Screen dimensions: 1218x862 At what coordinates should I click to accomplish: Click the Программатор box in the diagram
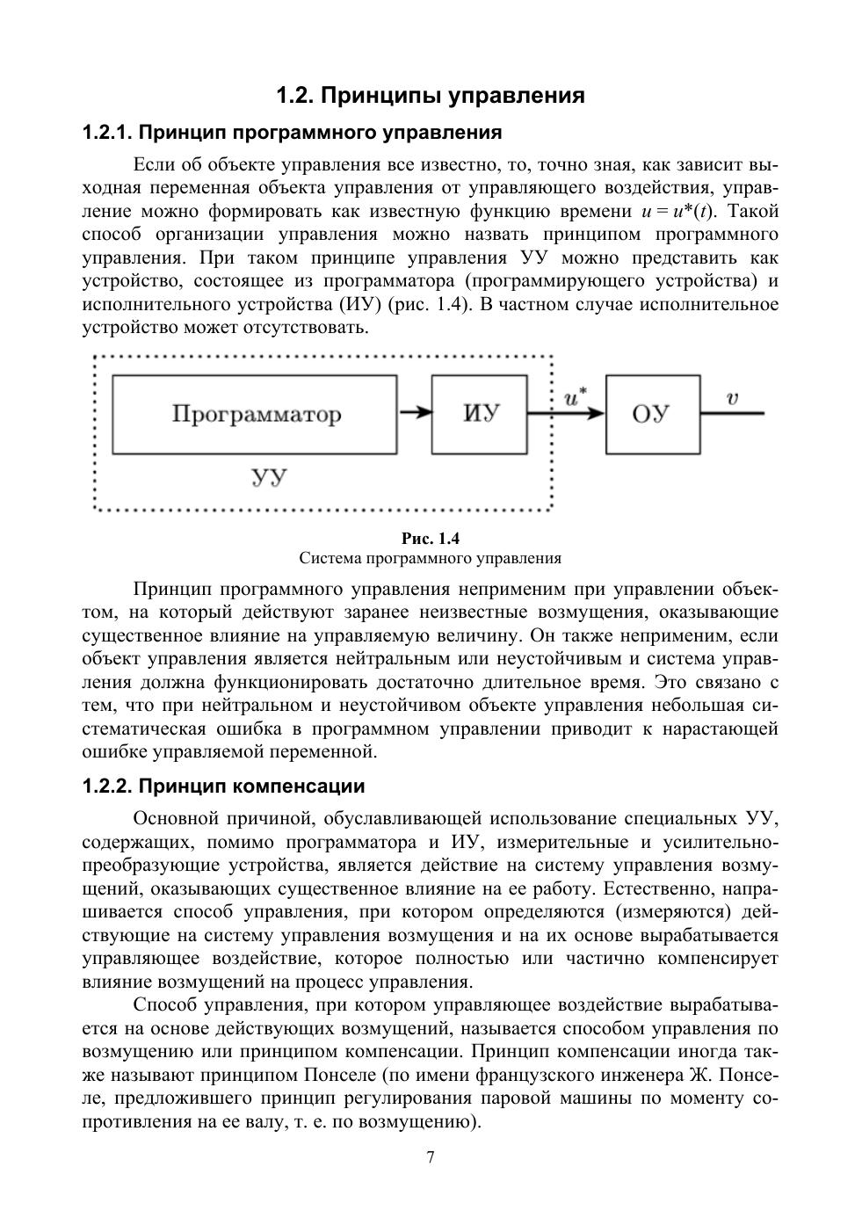coord(254,414)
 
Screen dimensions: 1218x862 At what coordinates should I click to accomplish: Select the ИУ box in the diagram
coord(480,414)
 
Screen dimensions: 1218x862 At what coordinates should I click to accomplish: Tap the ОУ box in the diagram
coord(652,414)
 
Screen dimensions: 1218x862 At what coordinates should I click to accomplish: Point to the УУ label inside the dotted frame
coord(270,479)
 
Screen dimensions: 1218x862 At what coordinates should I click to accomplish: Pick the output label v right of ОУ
coord(732,398)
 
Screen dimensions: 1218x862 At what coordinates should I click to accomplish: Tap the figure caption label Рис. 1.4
coord(431,539)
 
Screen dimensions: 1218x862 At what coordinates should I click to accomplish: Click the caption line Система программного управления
coord(431,558)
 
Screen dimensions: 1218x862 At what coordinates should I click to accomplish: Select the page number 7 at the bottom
coord(431,1157)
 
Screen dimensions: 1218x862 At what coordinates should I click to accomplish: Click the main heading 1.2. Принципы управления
coord(431,95)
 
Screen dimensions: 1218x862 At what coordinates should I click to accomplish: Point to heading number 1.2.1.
coord(106,133)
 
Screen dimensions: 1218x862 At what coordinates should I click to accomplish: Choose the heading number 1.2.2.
coord(106,786)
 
